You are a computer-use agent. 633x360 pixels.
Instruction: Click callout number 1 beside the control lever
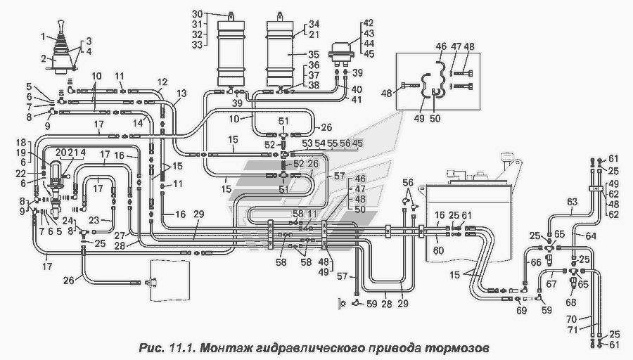click(43, 37)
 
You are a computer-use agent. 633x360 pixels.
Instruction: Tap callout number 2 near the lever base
click(43, 58)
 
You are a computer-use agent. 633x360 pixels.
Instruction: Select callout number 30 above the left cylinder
click(198, 13)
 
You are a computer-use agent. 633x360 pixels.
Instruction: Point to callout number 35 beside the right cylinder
click(314, 53)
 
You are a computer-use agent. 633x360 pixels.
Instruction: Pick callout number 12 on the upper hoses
click(162, 83)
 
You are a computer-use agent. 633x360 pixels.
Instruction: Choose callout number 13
click(181, 94)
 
